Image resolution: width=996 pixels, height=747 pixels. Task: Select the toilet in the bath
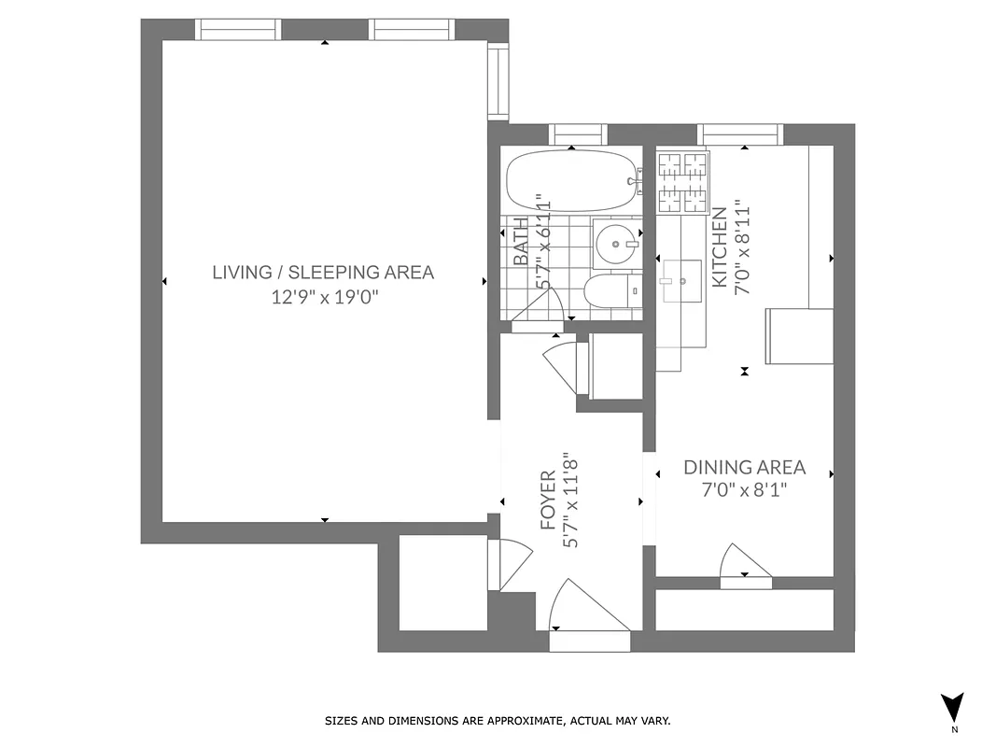pos(612,290)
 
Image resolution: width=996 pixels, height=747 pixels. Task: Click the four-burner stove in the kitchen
pos(682,182)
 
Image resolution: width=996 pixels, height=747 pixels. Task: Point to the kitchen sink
pos(681,280)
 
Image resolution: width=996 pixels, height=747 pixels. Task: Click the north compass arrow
pos(952,707)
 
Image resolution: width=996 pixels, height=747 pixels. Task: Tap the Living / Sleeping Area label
pos(323,273)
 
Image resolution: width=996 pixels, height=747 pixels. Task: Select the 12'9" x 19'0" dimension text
pos(323,298)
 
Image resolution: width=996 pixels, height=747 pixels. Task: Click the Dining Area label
pos(744,468)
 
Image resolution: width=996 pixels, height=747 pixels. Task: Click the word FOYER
pos(548,500)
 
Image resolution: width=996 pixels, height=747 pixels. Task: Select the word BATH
pos(520,242)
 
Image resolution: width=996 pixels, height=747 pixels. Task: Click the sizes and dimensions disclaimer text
pos(498,721)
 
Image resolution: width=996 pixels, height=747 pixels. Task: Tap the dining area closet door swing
pos(743,563)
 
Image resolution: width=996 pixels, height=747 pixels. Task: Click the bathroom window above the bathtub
pos(577,134)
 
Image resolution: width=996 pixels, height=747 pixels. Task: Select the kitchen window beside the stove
pos(742,134)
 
